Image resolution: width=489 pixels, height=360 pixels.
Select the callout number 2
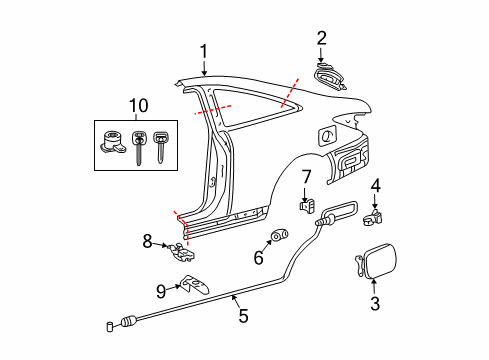click(x=321, y=39)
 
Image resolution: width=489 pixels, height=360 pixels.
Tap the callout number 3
click(x=375, y=304)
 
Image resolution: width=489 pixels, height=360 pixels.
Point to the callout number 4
click(x=375, y=185)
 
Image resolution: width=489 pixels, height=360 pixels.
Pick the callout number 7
click(x=307, y=177)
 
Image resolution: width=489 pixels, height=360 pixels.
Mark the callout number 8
click(x=148, y=241)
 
